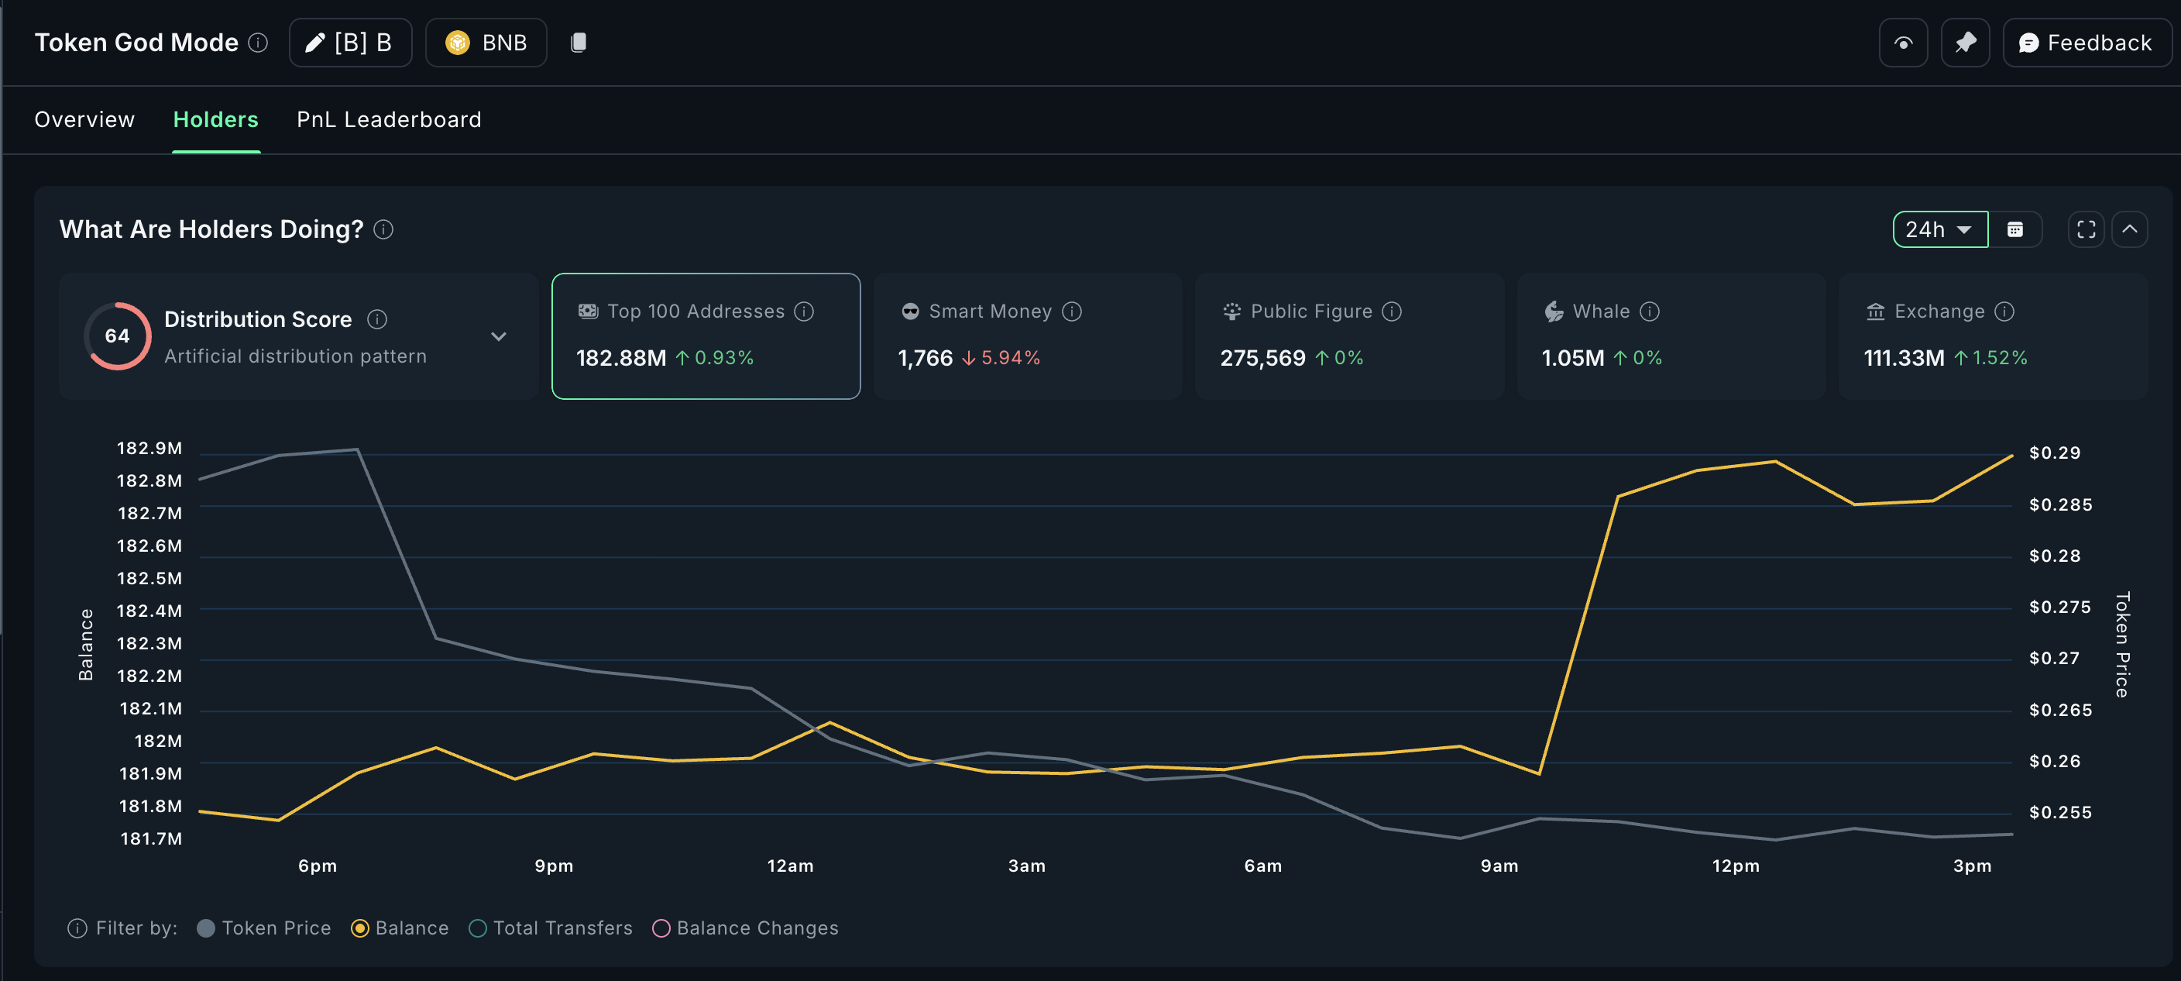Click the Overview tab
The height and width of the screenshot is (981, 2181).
pos(84,119)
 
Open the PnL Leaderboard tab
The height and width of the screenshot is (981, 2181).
pos(389,119)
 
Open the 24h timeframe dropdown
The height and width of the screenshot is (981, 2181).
pos(1939,229)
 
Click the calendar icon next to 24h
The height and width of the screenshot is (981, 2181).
pos(2015,229)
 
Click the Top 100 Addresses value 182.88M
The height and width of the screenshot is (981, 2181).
pos(620,358)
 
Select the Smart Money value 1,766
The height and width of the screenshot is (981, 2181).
pos(925,358)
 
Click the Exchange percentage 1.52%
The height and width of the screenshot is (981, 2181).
pos(2000,358)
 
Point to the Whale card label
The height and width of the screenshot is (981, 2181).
pos(1600,312)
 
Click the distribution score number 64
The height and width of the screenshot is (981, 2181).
pos(117,336)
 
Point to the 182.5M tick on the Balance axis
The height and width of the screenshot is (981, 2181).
pos(149,579)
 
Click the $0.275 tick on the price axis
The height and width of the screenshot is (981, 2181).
pos(2060,608)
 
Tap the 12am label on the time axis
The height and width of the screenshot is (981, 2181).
pos(790,866)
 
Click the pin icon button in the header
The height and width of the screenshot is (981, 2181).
pos(1965,43)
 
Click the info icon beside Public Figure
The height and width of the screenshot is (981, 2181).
pos(1392,312)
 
